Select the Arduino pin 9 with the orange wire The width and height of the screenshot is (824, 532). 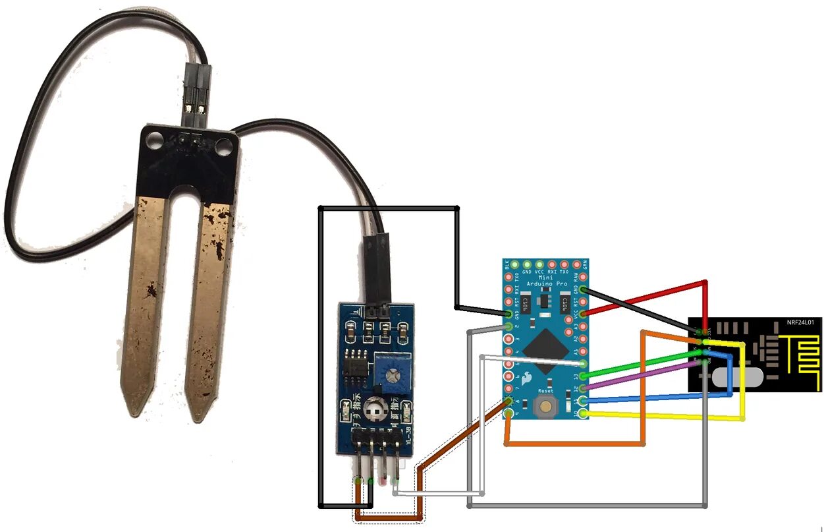pyautogui.click(x=508, y=413)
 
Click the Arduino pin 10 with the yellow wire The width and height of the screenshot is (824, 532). pyautogui.click(x=584, y=413)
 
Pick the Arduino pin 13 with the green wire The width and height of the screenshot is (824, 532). pyautogui.click(x=584, y=376)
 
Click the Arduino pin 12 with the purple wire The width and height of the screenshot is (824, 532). pyautogui.click(x=584, y=388)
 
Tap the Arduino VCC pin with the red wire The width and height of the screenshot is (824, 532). pyautogui.click(x=584, y=313)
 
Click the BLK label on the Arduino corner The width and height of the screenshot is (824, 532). pyautogui.click(x=507, y=266)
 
